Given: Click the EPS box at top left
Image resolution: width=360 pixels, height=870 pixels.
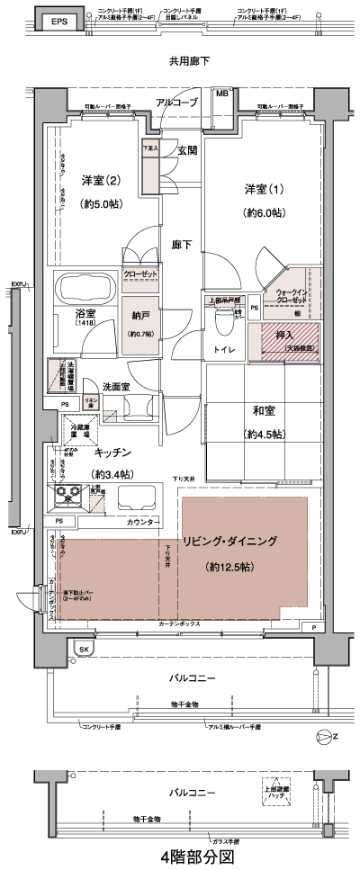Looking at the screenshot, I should (x=58, y=21).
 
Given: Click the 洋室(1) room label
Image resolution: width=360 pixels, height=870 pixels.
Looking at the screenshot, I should (x=263, y=189).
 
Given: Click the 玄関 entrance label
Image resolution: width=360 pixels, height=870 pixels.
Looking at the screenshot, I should (x=187, y=150).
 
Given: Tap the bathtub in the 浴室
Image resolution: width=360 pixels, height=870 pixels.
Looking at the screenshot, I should (x=84, y=290).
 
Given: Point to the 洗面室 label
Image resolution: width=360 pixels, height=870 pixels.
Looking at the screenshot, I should (x=119, y=385).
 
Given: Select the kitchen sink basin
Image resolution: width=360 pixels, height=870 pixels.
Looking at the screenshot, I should (x=136, y=498).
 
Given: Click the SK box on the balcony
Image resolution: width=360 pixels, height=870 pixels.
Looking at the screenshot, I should (x=84, y=649).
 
